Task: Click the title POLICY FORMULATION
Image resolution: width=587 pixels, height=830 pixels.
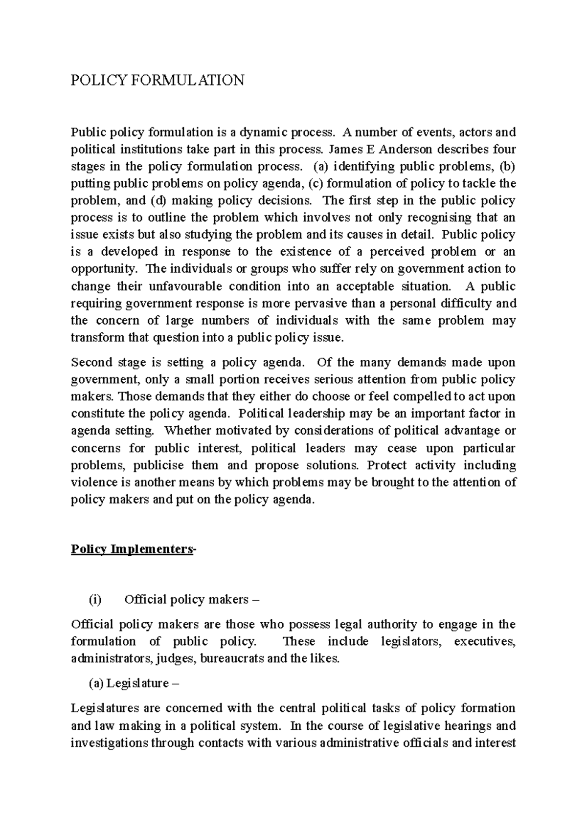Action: (158, 80)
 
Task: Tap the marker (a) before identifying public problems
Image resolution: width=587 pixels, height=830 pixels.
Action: (318, 167)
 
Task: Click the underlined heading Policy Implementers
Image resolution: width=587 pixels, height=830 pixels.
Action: (132, 549)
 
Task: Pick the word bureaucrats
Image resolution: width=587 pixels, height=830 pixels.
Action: (233, 659)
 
